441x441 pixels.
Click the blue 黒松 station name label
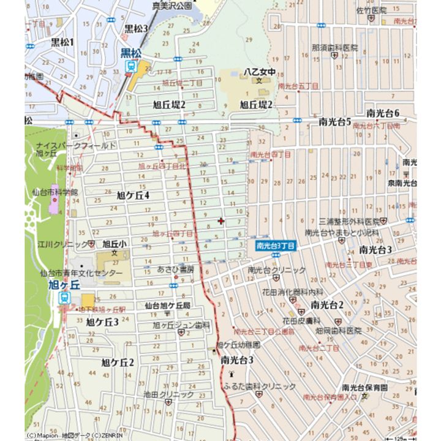coord(130,53)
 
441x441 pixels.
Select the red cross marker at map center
coord(221,221)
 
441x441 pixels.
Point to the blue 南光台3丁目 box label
coord(276,246)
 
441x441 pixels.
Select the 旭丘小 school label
coord(115,243)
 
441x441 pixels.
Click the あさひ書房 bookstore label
coord(176,269)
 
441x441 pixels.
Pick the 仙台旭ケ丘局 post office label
coord(168,305)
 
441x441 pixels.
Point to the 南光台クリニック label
coord(277,270)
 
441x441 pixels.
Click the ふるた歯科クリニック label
coord(268,386)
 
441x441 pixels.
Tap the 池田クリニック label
coord(169,394)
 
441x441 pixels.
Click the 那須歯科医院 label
coord(334,47)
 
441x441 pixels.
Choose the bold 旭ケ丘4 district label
coord(133,195)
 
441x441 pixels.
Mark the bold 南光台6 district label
coord(383,113)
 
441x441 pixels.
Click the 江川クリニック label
coord(62,244)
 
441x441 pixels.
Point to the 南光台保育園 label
coord(365,387)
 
